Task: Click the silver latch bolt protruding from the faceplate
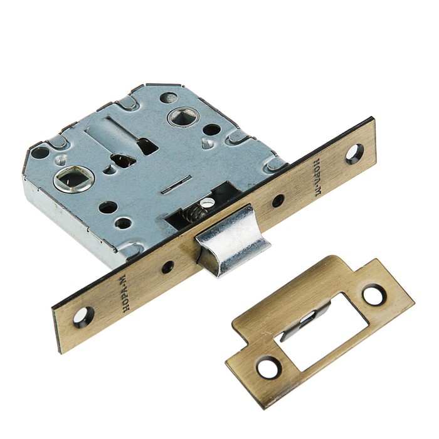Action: pos(233,242)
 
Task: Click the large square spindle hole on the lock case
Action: pos(73,178)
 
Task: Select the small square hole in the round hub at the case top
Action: pos(183,117)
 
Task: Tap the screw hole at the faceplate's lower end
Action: pos(83,317)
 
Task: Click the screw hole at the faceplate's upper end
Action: pos(355,154)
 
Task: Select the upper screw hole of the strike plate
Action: pos(374,295)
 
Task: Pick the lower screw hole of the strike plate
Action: pos(268,368)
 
